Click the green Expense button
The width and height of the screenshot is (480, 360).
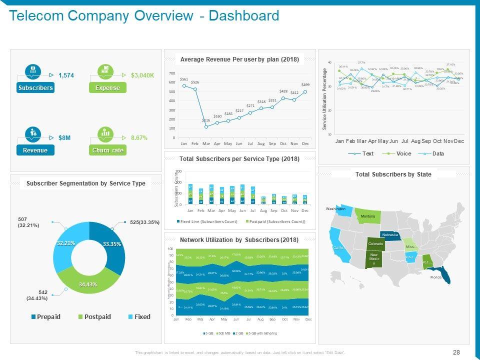coord(107,88)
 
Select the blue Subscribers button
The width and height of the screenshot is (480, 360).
coord(35,88)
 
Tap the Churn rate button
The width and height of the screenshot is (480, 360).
coord(107,150)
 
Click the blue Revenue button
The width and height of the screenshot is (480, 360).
coord(35,150)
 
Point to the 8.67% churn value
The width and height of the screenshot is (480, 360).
coord(139,137)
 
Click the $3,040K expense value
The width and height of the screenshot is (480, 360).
coord(142,75)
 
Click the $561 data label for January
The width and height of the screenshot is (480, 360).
coord(184,79)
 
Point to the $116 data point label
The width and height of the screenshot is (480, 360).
coord(206,120)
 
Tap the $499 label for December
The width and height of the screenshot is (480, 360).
coord(305,85)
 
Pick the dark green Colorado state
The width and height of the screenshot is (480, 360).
coord(375,244)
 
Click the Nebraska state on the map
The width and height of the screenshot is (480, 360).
coord(390,235)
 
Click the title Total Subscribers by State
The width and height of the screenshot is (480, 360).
coord(393,174)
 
